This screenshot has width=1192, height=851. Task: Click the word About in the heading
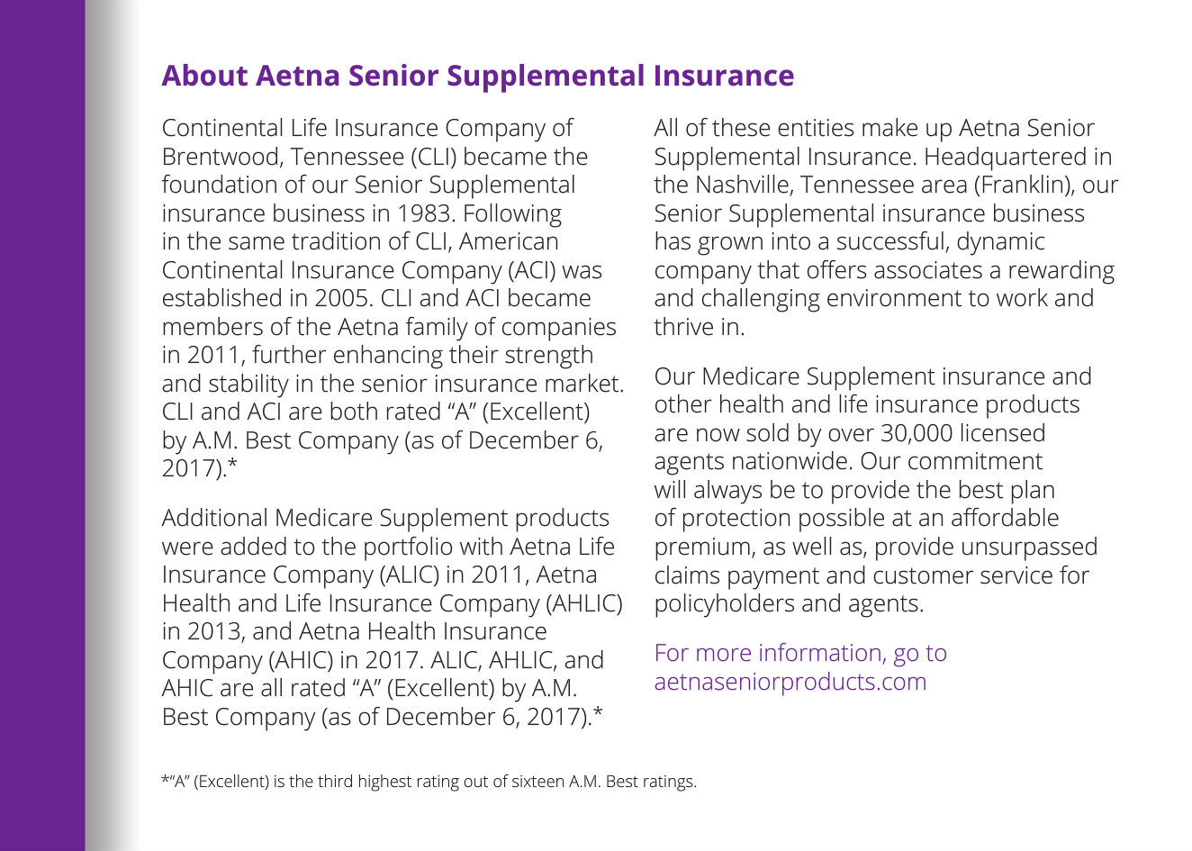point(204,76)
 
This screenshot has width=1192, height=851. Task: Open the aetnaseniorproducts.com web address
point(790,682)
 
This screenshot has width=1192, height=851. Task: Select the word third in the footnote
point(336,782)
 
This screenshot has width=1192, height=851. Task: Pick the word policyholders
point(724,603)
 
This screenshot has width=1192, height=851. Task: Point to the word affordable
point(1004,518)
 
